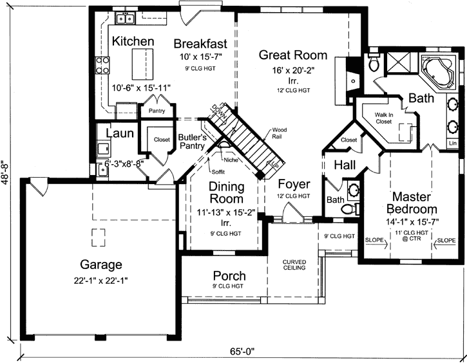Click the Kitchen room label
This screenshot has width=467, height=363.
(133, 42)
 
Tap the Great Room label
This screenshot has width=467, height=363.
(292, 55)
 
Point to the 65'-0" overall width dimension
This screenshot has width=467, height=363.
(242, 351)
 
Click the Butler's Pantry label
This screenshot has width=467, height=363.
(192, 141)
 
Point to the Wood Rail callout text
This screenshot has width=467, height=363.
(280, 133)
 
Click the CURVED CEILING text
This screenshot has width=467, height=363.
(294, 266)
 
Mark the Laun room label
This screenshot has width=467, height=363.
(119, 134)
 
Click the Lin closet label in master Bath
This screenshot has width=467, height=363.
(452, 143)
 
